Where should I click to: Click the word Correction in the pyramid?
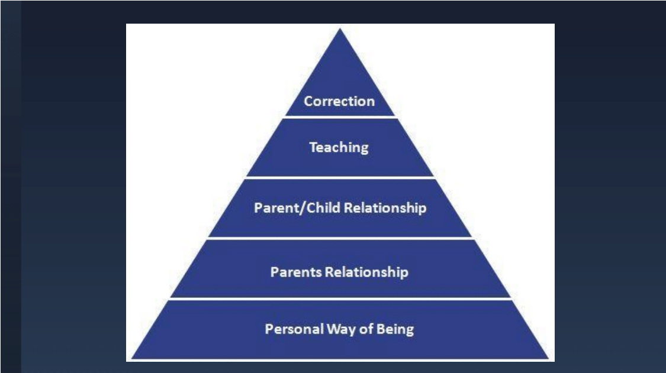[339, 101]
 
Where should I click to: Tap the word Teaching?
[339, 148]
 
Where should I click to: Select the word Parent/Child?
[297, 208]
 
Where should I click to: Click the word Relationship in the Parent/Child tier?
[385, 208]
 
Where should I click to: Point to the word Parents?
[296, 272]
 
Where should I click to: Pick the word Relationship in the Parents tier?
[366, 272]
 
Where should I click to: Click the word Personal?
[294, 329]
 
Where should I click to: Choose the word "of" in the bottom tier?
[366, 329]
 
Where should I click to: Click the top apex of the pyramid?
[340, 28]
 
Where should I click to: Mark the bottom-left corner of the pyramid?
[131, 359]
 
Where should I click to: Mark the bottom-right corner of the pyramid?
[548, 359]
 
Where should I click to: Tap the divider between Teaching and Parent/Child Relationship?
[340, 177]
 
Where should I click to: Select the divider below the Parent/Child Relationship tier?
[340, 238]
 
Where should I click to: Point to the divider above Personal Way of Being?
[340, 299]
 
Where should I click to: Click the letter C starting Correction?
[308, 102]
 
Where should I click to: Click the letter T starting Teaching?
[313, 147]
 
